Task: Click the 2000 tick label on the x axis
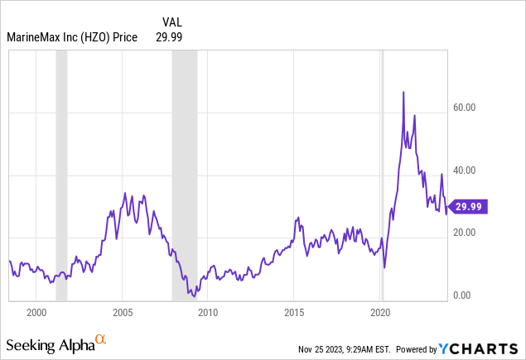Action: (x=36, y=313)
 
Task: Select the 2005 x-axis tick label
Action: (x=122, y=313)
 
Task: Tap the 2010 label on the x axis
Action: (x=208, y=313)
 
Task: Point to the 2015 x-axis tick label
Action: (x=294, y=313)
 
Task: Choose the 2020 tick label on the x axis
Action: (x=380, y=313)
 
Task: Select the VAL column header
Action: (x=170, y=22)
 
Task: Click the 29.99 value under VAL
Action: (x=169, y=36)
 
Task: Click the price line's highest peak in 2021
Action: (x=403, y=92)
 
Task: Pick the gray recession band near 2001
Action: (x=60, y=166)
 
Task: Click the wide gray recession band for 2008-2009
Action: (x=184, y=166)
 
